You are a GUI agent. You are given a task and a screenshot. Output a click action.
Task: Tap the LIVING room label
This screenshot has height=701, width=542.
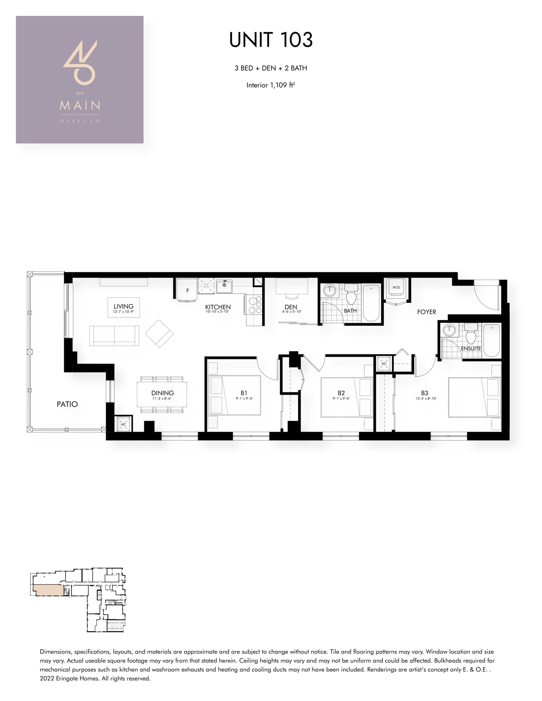point(123,306)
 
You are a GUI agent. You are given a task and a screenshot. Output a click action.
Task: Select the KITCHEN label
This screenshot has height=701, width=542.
point(218,307)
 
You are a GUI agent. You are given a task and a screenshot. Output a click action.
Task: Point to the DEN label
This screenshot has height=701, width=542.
point(291,307)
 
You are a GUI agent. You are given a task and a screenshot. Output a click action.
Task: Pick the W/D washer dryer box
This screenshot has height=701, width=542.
point(396,287)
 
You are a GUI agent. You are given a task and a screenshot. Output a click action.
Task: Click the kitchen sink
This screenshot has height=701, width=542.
point(224,286)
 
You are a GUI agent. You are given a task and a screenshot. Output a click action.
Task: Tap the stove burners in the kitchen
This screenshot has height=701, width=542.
point(255,304)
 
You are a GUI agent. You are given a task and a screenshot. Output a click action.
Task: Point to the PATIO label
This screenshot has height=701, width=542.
point(67,404)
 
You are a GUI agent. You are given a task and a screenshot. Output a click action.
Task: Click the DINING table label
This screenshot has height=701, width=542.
point(162,393)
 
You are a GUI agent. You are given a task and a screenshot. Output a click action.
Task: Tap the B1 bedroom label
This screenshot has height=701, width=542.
point(244,393)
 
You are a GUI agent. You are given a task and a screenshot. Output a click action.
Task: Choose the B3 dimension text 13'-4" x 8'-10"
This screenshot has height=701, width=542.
point(426,399)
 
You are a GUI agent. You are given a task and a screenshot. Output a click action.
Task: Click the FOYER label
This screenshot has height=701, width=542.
point(426,312)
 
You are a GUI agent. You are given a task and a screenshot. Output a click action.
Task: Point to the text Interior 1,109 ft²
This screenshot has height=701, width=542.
point(271,85)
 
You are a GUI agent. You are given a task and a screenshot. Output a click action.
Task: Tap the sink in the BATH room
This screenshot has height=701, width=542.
point(329,291)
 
